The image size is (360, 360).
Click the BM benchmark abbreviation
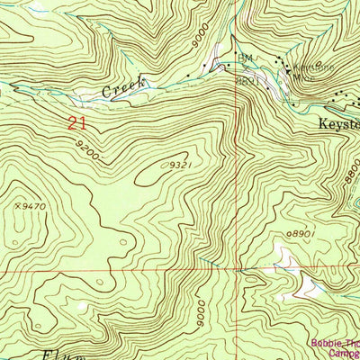click(242, 58)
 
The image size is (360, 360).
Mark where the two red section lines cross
click(240, 269)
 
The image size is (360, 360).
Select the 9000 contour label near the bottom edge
click(200, 314)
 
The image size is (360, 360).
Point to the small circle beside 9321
click(168, 165)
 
